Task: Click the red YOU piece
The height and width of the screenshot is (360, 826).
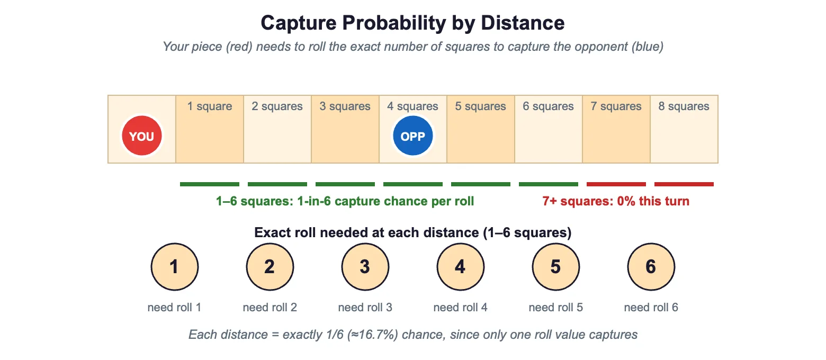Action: click(x=142, y=136)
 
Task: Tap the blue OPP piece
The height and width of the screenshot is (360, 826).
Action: click(x=413, y=136)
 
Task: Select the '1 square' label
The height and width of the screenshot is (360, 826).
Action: click(x=210, y=106)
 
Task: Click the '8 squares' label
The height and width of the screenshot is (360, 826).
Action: click(x=684, y=106)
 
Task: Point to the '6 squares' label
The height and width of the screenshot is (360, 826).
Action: click(x=549, y=106)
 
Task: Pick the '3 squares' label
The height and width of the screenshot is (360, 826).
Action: click(x=345, y=106)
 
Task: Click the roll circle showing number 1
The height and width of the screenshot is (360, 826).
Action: click(x=174, y=267)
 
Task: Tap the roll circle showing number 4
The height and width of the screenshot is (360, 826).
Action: click(x=461, y=267)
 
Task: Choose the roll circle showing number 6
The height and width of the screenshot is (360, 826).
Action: click(x=651, y=267)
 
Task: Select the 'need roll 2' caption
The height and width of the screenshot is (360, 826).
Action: click(x=270, y=307)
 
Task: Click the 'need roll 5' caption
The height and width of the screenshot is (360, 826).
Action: click(x=556, y=307)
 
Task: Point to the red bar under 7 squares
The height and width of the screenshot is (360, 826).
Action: click(x=616, y=184)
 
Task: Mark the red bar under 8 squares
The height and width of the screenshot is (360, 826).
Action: click(x=684, y=184)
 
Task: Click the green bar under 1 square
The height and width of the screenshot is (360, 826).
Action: click(x=210, y=184)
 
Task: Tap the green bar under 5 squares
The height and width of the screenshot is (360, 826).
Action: click(x=481, y=184)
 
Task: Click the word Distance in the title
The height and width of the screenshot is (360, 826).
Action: click(x=523, y=23)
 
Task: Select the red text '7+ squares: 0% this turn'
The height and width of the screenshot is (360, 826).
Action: click(x=616, y=201)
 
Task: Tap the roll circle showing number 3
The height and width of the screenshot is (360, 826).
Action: click(x=365, y=267)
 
